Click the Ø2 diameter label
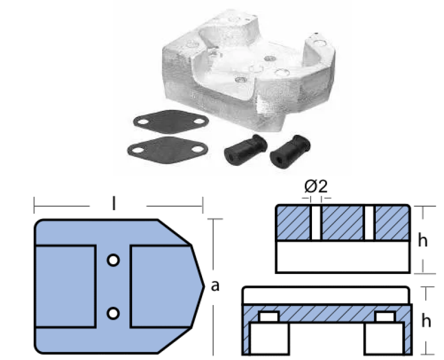click(316, 186)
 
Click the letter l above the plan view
click(114, 204)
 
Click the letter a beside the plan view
click(215, 286)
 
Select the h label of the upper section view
click(423, 241)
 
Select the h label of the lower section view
click(426, 321)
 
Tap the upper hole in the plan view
click(113, 260)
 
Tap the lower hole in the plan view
click(113, 313)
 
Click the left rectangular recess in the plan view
click(65, 286)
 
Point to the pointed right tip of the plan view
click(204, 286)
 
